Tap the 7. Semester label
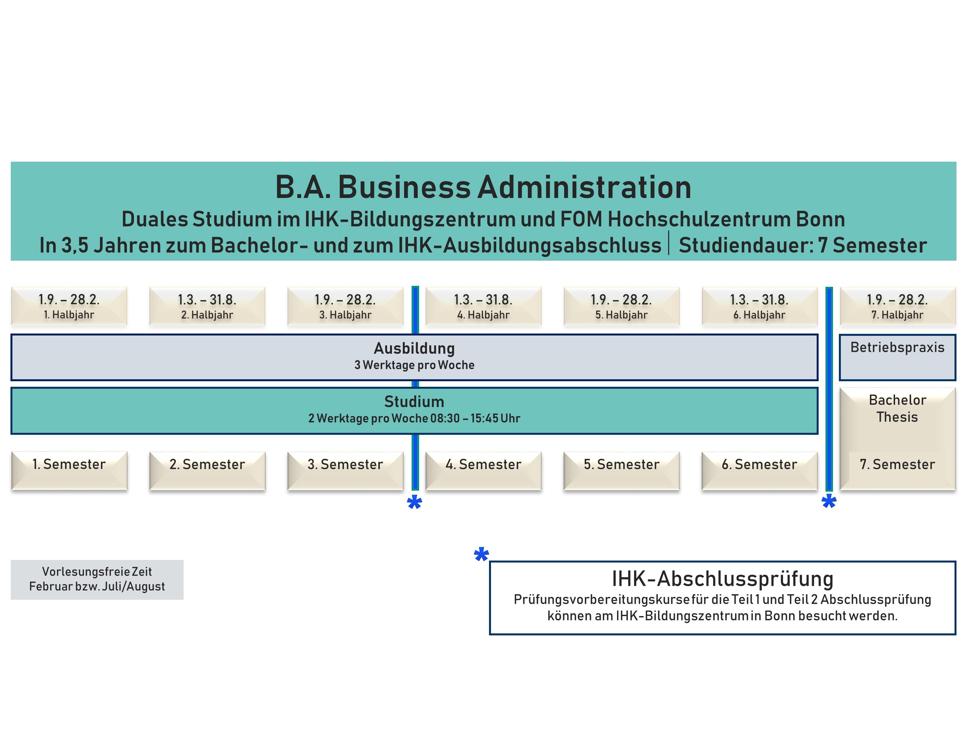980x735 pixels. click(898, 464)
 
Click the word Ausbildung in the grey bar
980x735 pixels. click(414, 348)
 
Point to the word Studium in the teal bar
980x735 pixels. click(414, 401)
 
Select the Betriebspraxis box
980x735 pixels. click(898, 357)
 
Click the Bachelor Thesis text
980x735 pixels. click(898, 408)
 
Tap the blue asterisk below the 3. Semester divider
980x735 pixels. click(414, 502)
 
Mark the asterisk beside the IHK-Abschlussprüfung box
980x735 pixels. click(481, 554)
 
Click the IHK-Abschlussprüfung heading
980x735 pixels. click(723, 579)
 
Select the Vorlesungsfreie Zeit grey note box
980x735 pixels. click(97, 580)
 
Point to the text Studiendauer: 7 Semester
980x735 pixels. click(803, 245)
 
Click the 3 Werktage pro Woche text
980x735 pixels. click(414, 365)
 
